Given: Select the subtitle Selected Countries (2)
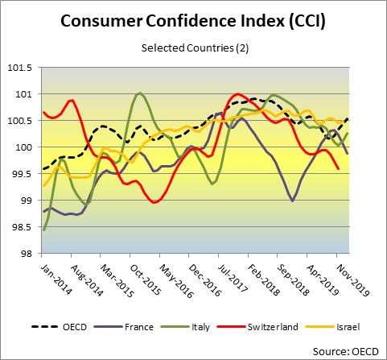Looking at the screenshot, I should click(x=193, y=48).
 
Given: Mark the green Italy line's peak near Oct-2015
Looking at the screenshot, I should click(x=140, y=93).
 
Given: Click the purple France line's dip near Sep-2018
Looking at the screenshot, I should click(x=291, y=201).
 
